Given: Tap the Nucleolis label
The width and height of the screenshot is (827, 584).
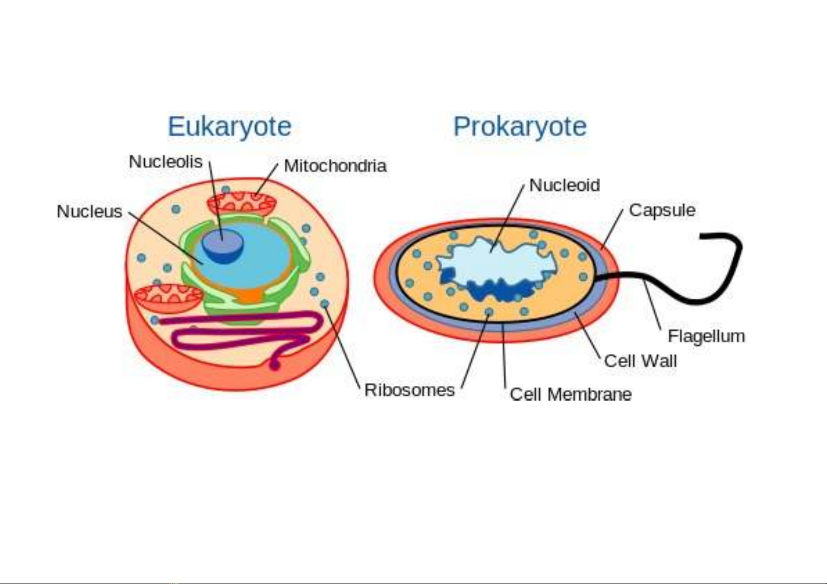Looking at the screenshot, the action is (166, 162).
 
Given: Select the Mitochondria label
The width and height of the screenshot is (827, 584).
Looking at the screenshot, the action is (335, 166).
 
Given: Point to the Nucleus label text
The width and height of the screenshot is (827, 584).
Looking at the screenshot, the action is (89, 211).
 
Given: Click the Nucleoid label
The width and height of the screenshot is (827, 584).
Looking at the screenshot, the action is (565, 185).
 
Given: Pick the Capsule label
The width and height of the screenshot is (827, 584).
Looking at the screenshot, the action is (663, 211).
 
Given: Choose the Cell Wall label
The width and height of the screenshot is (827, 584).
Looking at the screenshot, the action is (640, 361).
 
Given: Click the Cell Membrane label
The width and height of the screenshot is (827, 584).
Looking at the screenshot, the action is (571, 394).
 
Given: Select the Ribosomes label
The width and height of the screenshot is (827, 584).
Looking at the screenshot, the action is (409, 390).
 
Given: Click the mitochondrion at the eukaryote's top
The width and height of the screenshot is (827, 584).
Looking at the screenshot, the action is (242, 203).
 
